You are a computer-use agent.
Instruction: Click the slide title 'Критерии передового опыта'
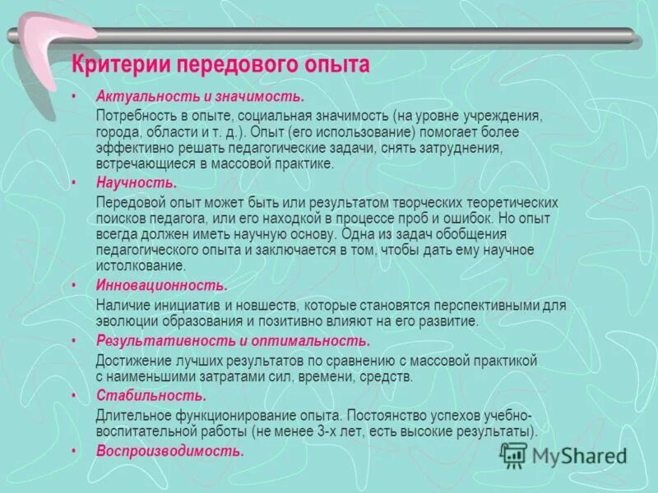point(220,64)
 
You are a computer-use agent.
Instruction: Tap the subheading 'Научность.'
point(137,182)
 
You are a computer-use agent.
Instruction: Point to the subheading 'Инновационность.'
point(161,285)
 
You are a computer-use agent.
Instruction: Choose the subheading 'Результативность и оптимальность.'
point(233,340)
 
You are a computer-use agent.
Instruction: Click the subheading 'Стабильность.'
point(145,395)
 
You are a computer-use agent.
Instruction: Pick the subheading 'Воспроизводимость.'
point(169,451)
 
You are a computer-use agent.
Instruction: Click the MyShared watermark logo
point(563,455)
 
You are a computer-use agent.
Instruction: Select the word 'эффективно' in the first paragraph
point(127,148)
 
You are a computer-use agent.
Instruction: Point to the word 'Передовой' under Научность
point(125,202)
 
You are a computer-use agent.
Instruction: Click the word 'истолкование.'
point(141,265)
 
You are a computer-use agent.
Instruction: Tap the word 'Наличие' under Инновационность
point(118,305)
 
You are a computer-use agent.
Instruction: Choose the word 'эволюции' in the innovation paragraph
point(122,320)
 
